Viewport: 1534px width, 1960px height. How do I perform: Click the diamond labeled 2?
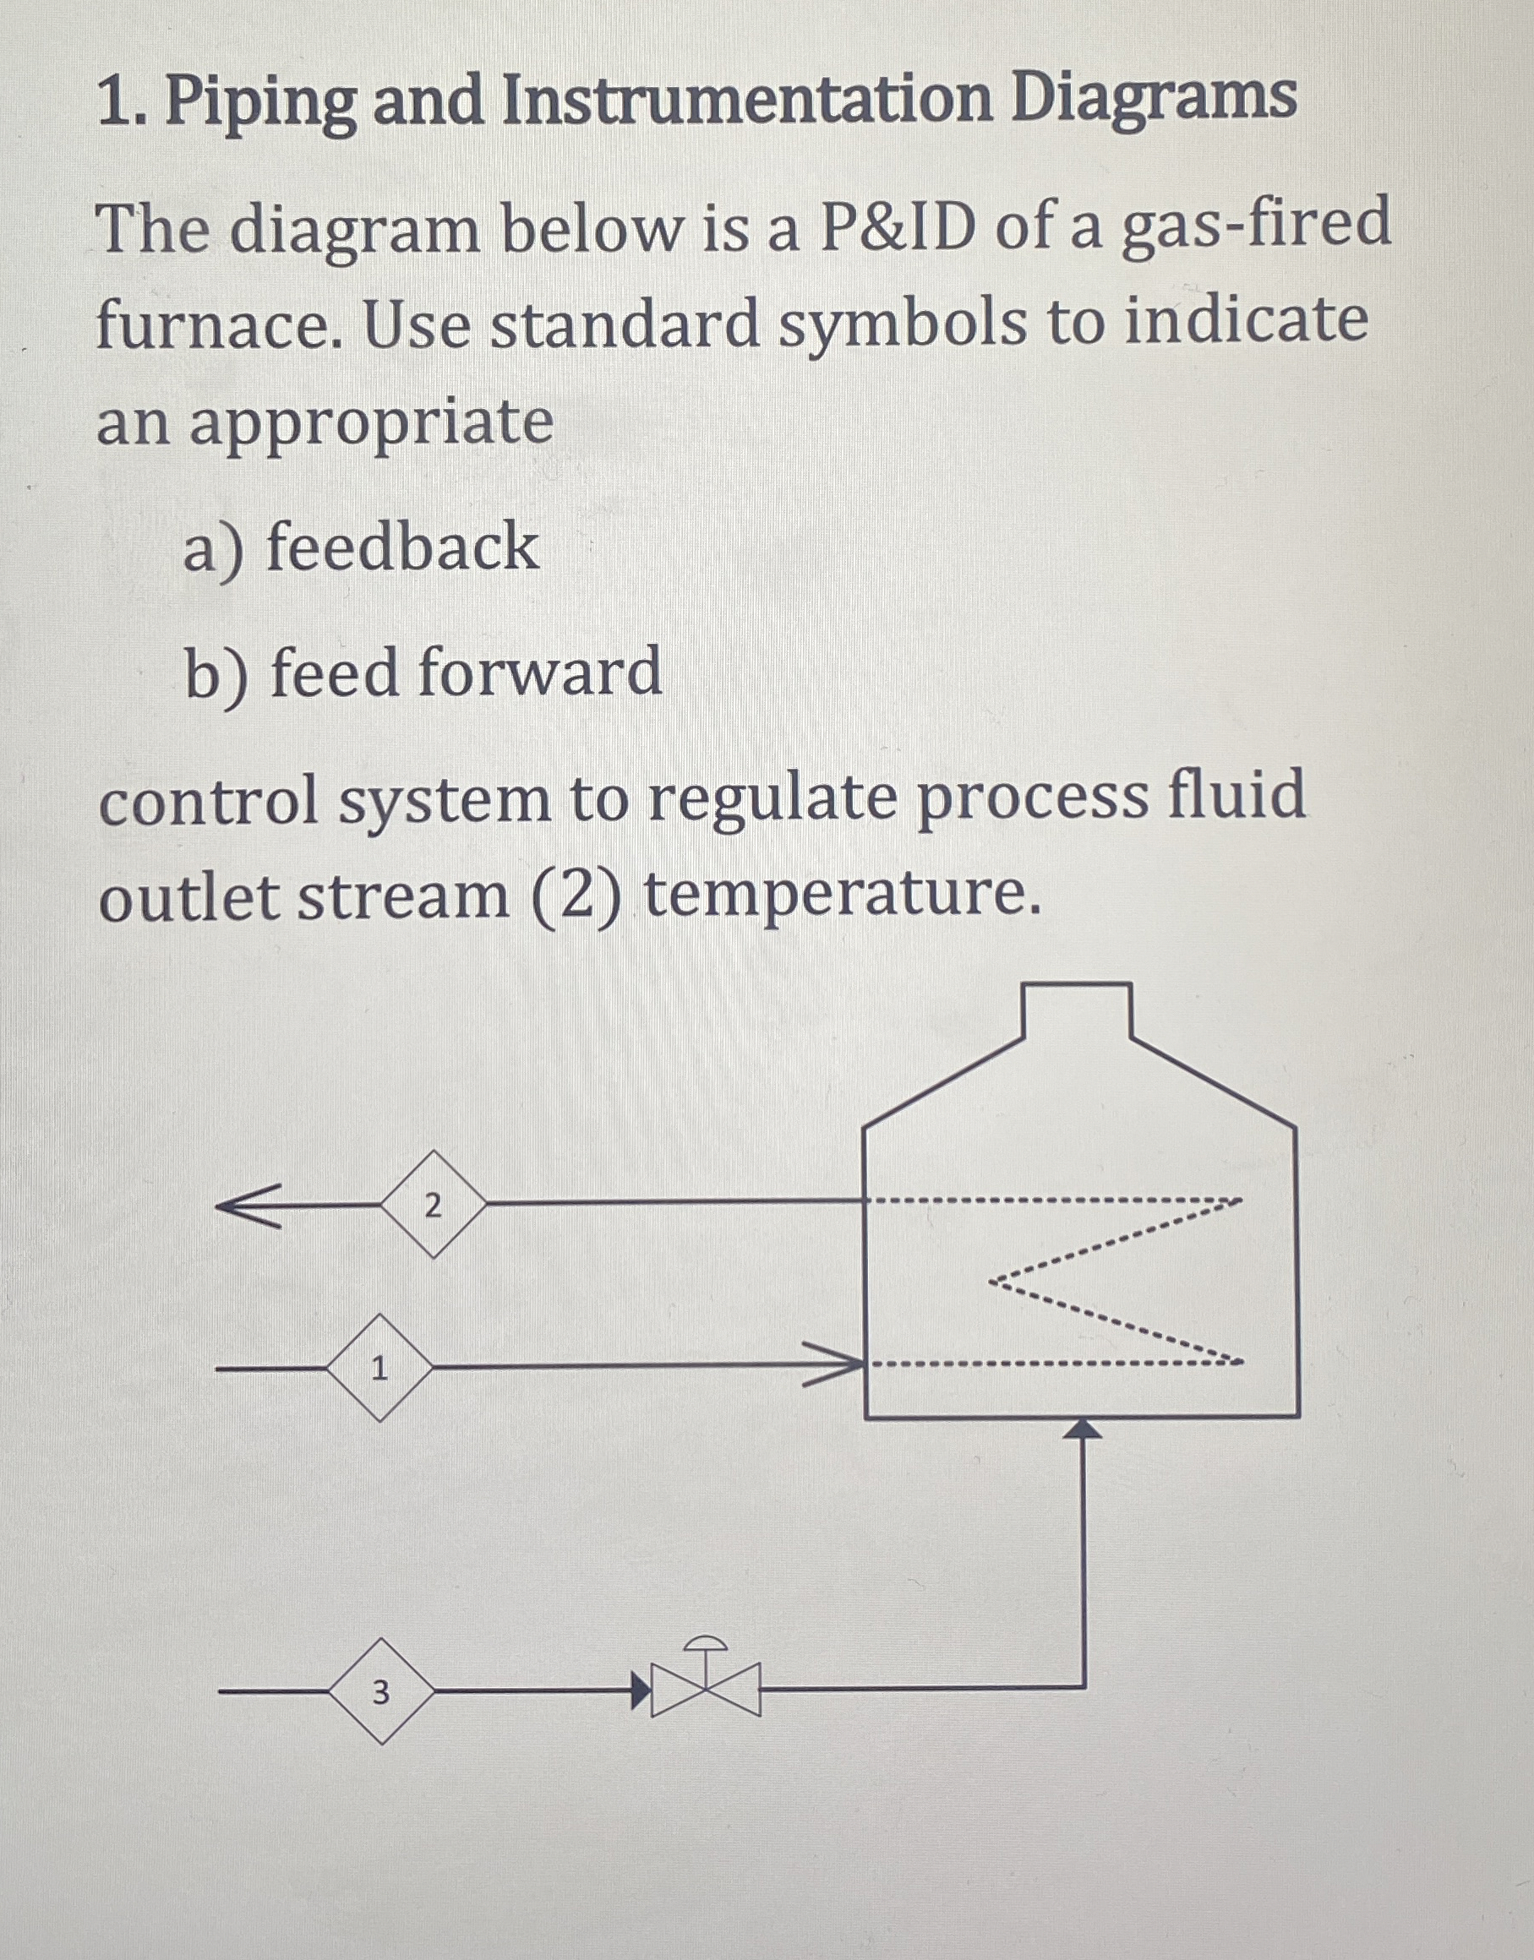pyautogui.click(x=433, y=1204)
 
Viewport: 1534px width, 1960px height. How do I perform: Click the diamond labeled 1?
pyautogui.click(x=379, y=1368)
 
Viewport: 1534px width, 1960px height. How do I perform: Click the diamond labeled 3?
pyautogui.click(x=381, y=1690)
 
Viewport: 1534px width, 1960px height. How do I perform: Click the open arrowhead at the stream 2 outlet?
pyautogui.click(x=247, y=1205)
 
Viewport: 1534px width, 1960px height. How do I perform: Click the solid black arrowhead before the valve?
pyautogui.click(x=640, y=1690)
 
